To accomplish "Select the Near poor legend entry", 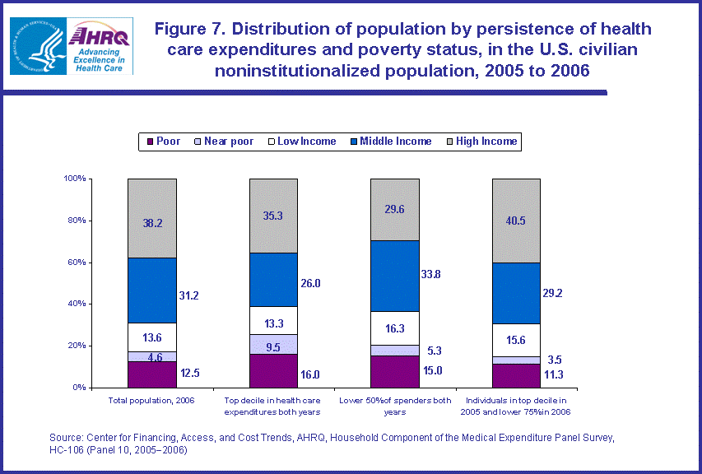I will click(x=224, y=142).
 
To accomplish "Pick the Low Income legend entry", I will click(x=300, y=142).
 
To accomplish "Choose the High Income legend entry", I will click(x=480, y=142).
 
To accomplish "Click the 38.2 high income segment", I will click(x=151, y=218).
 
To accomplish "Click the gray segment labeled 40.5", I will click(x=516, y=221).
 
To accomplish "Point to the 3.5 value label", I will click(x=555, y=360).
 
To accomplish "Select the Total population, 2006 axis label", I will click(x=151, y=401).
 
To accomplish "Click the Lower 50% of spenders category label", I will click(x=395, y=406).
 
